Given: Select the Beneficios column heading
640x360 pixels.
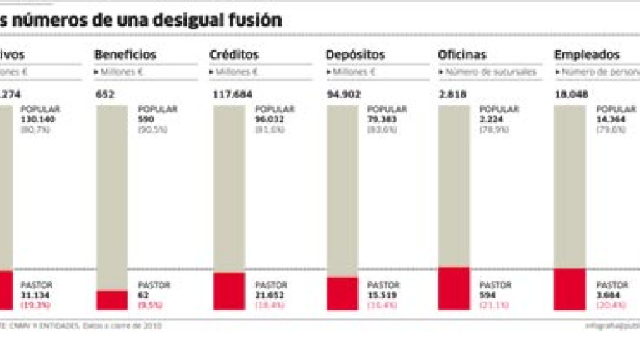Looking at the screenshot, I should [125, 55].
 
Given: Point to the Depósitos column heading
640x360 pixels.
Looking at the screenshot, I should [356, 55].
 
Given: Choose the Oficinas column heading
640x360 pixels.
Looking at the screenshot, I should [462, 55].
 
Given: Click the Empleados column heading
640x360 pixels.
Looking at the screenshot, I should [587, 55].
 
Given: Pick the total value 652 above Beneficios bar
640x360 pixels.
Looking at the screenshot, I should [104, 95].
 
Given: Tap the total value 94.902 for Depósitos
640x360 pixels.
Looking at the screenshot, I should [344, 95].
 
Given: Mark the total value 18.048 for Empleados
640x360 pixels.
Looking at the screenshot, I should [571, 95].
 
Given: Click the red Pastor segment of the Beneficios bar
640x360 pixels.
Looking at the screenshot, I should [112, 300].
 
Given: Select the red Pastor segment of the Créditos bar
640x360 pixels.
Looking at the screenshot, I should [228, 291].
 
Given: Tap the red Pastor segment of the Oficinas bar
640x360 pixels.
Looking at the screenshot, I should [453, 288].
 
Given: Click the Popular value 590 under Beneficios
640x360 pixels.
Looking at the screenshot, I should [146, 119].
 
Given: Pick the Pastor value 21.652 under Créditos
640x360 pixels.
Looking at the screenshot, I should [270, 295].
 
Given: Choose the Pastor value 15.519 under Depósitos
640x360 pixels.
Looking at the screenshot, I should [383, 295].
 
